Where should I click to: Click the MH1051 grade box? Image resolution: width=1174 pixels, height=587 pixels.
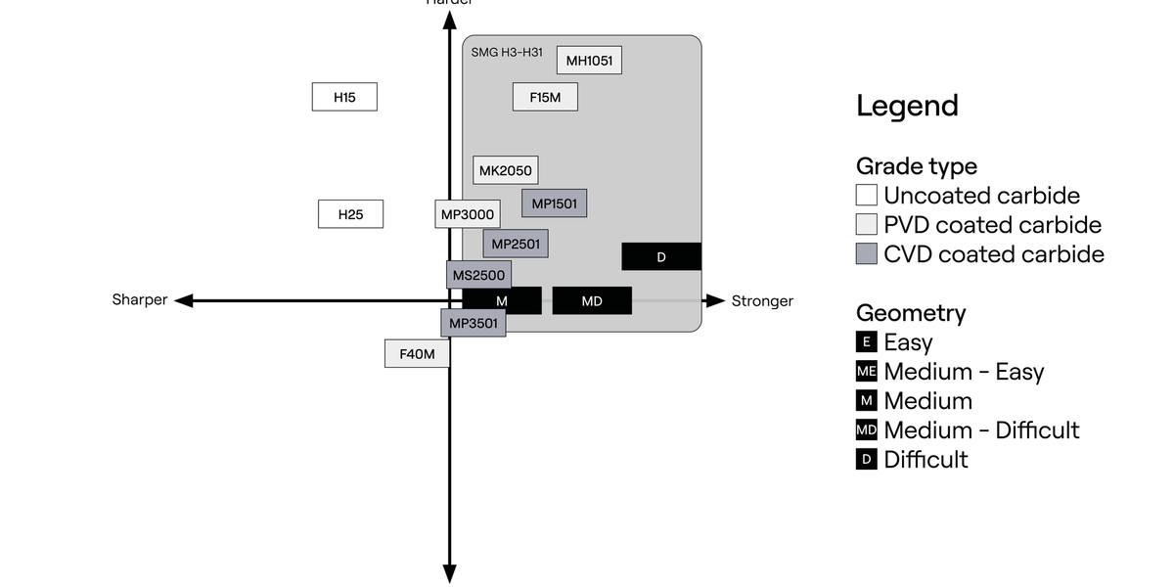(589, 61)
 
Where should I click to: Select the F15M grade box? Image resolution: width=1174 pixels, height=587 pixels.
(545, 97)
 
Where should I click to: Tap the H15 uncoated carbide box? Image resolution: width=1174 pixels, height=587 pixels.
(344, 97)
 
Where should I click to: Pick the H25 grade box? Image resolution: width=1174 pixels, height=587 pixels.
(350, 214)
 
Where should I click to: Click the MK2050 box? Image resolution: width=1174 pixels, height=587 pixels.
(505, 170)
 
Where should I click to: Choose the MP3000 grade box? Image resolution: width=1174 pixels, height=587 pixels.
(467, 214)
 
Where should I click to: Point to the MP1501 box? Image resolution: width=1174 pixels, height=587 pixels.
(554, 203)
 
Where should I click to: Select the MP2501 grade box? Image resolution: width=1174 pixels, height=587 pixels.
(515, 244)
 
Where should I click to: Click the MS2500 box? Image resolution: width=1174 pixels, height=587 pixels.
(478, 275)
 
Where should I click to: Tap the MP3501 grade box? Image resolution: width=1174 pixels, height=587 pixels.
(474, 323)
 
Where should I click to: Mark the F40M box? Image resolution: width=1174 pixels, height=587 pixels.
(417, 353)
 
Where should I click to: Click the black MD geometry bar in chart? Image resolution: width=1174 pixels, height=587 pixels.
(592, 301)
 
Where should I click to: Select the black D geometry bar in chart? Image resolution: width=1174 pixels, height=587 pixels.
(661, 256)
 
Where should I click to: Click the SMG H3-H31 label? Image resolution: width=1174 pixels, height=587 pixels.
(507, 52)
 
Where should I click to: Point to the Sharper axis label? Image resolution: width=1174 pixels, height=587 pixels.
(140, 300)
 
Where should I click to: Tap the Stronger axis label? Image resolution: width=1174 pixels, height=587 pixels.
(762, 300)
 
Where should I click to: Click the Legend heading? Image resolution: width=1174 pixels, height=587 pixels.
(907, 106)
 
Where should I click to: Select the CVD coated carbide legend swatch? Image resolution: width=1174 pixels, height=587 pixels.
(867, 254)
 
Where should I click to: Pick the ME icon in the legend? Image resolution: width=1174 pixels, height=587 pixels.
(867, 372)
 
